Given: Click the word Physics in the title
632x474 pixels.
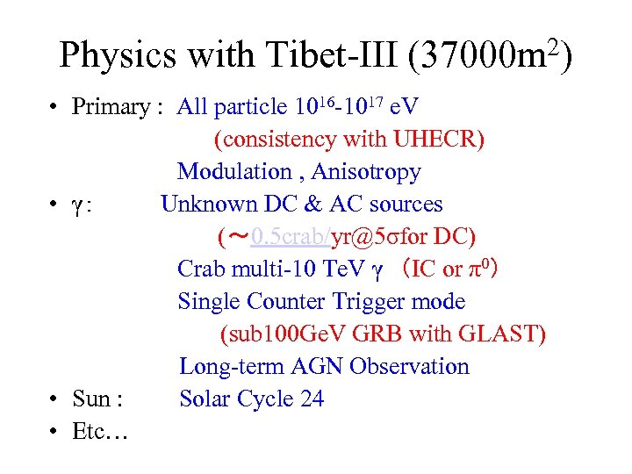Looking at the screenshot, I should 115,56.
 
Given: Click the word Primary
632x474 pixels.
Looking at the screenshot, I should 111,107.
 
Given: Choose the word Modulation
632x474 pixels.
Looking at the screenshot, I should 234,172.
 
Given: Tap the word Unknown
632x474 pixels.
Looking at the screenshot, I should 208,205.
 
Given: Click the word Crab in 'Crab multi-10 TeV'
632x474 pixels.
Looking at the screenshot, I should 203,269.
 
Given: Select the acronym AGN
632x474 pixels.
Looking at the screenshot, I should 313,367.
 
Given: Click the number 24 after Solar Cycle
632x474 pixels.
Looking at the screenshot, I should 312,399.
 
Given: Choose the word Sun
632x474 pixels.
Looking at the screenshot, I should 91,399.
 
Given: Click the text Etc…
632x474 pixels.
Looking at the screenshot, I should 100,432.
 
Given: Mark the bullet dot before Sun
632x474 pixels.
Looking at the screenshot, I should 54,400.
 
